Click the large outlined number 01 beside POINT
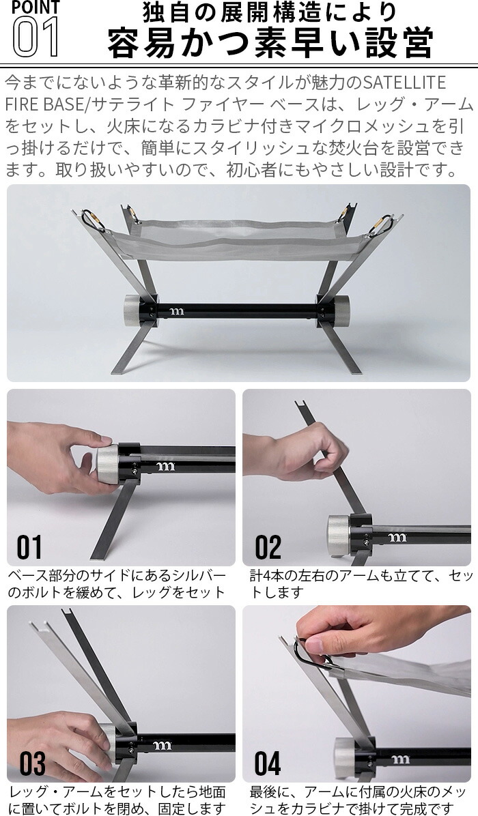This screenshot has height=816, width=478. tap(36, 36)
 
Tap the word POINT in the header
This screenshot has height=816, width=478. tap(36, 8)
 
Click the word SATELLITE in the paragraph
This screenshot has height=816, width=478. tap(404, 83)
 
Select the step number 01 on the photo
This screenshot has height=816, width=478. tap(29, 547)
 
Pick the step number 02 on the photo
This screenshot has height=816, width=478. tap(268, 547)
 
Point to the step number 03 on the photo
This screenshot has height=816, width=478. tap(32, 763)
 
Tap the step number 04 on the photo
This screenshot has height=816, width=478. tap(268, 763)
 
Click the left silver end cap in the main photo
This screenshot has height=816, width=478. tap(133, 310)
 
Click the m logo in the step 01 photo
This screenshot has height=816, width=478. tap(165, 466)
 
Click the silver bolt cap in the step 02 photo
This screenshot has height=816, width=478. tap(339, 537)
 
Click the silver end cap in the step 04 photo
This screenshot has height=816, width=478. tap(346, 758)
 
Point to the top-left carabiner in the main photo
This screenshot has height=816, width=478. tap(93, 220)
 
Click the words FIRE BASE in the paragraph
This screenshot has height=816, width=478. tap(44, 104)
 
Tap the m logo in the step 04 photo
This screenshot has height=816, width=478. tap(399, 759)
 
